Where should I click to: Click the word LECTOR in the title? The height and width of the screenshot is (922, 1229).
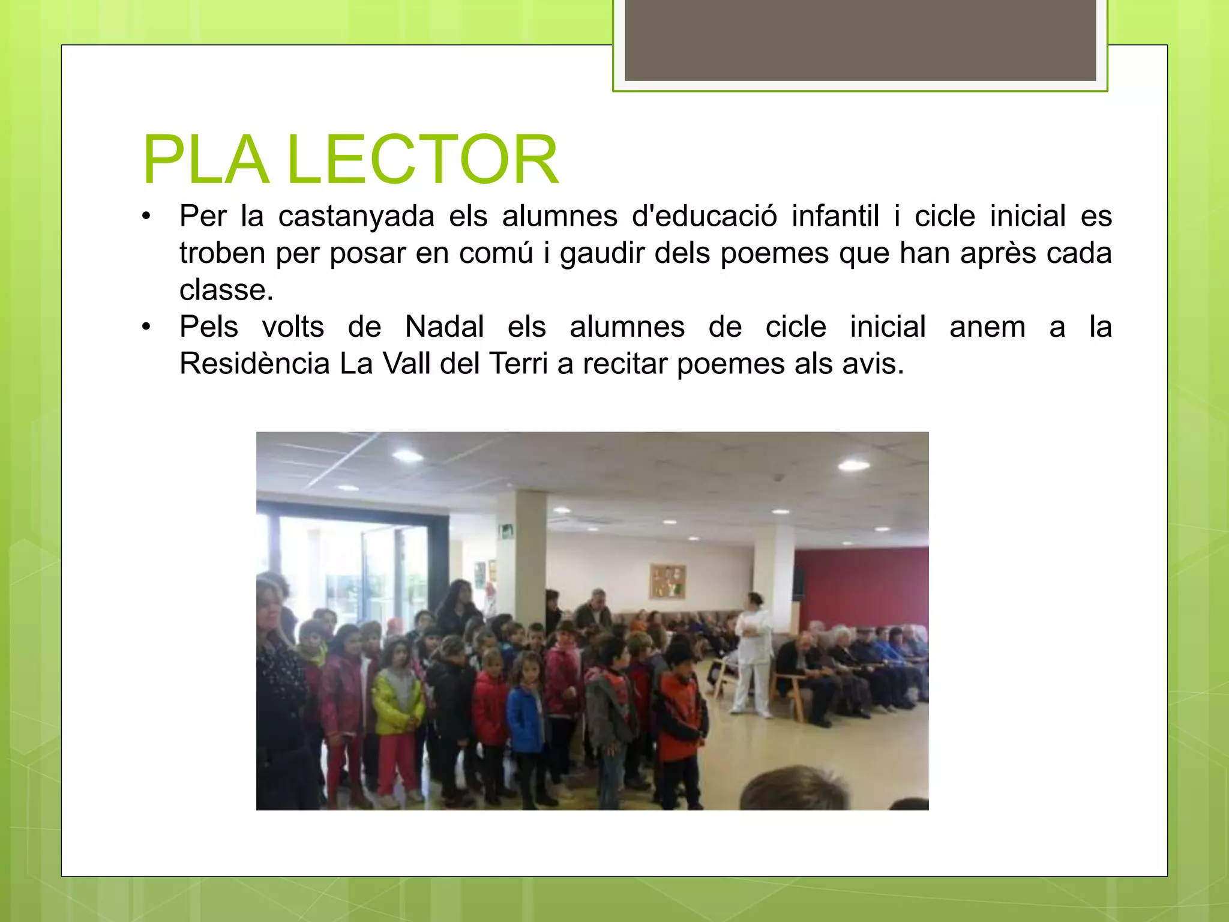pos(423,160)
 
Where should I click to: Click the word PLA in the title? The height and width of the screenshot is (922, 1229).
pos(205,160)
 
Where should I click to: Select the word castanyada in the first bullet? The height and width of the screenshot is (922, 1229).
pos(356,216)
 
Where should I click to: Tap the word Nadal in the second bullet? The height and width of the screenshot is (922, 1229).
pos(445,327)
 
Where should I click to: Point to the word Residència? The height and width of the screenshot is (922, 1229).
pos(254,364)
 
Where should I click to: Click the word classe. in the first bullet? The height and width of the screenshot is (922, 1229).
pos(226,291)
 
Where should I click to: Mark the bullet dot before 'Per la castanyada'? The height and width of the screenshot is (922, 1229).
pos(146,216)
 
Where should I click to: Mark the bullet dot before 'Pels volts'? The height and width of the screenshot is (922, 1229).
pos(146,327)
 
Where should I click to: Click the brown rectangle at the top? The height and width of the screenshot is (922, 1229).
pos(860,40)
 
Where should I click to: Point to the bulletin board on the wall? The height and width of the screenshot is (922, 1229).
pos(667,581)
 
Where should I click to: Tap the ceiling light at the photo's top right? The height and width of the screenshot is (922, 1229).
pos(853,465)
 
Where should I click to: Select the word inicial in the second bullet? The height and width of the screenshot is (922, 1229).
pos(888,327)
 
